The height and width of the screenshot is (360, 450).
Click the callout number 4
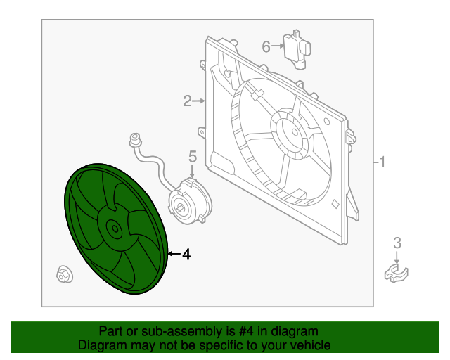click(x=186, y=255)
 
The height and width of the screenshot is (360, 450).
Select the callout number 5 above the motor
click(x=193, y=157)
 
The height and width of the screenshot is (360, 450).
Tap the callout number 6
click(x=266, y=46)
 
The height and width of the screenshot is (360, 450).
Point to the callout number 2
click(x=188, y=101)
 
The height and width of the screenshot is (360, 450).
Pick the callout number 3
click(x=397, y=243)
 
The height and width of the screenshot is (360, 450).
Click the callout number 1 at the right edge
click(x=382, y=162)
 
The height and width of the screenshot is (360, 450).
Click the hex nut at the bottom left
click(x=65, y=274)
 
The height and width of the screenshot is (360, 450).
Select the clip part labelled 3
click(x=396, y=273)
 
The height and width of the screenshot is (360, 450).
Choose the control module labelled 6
click(x=297, y=49)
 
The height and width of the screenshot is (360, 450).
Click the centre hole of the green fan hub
click(x=115, y=229)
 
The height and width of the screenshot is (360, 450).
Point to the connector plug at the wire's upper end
click(x=135, y=139)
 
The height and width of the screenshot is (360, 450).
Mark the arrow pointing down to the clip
click(x=397, y=257)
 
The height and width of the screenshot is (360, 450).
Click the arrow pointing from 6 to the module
click(x=278, y=46)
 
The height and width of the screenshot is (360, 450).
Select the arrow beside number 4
click(x=174, y=254)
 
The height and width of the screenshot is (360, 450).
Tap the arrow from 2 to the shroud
click(x=199, y=101)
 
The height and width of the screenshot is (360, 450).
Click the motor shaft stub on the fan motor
click(x=180, y=209)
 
